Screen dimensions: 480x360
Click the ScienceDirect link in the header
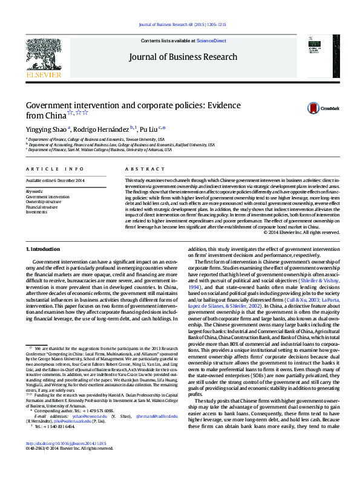point(212,41)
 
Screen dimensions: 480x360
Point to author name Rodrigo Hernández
point(103,128)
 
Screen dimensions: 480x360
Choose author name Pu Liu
point(149,128)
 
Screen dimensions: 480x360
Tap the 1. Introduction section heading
point(44,249)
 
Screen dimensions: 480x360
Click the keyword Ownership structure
point(45,202)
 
